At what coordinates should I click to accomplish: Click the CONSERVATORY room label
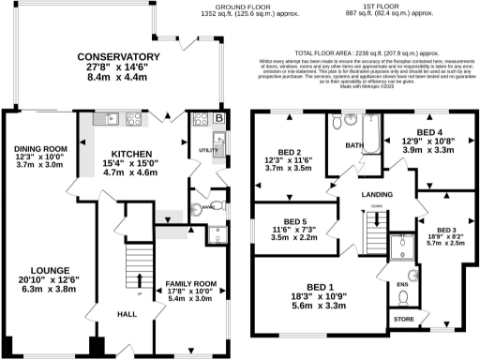[x=125, y=57]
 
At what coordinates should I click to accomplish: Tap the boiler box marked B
[x=218, y=119]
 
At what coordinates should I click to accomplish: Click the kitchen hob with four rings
[x=134, y=119]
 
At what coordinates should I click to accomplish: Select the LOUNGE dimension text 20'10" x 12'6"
[x=40, y=279]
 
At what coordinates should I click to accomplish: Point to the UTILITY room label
[x=207, y=150]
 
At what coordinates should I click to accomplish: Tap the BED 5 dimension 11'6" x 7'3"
[x=293, y=229]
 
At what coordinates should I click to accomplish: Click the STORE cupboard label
[x=403, y=320]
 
